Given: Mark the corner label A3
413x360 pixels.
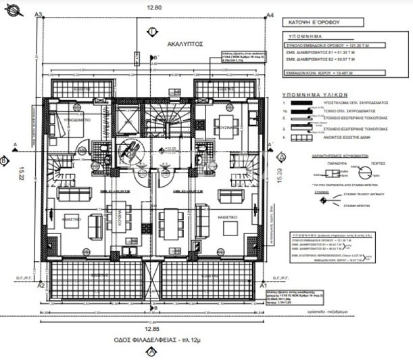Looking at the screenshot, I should [x=39, y=14].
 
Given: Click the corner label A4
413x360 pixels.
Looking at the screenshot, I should [x=270, y=14].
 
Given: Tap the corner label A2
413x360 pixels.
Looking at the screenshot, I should [x=41, y=286].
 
